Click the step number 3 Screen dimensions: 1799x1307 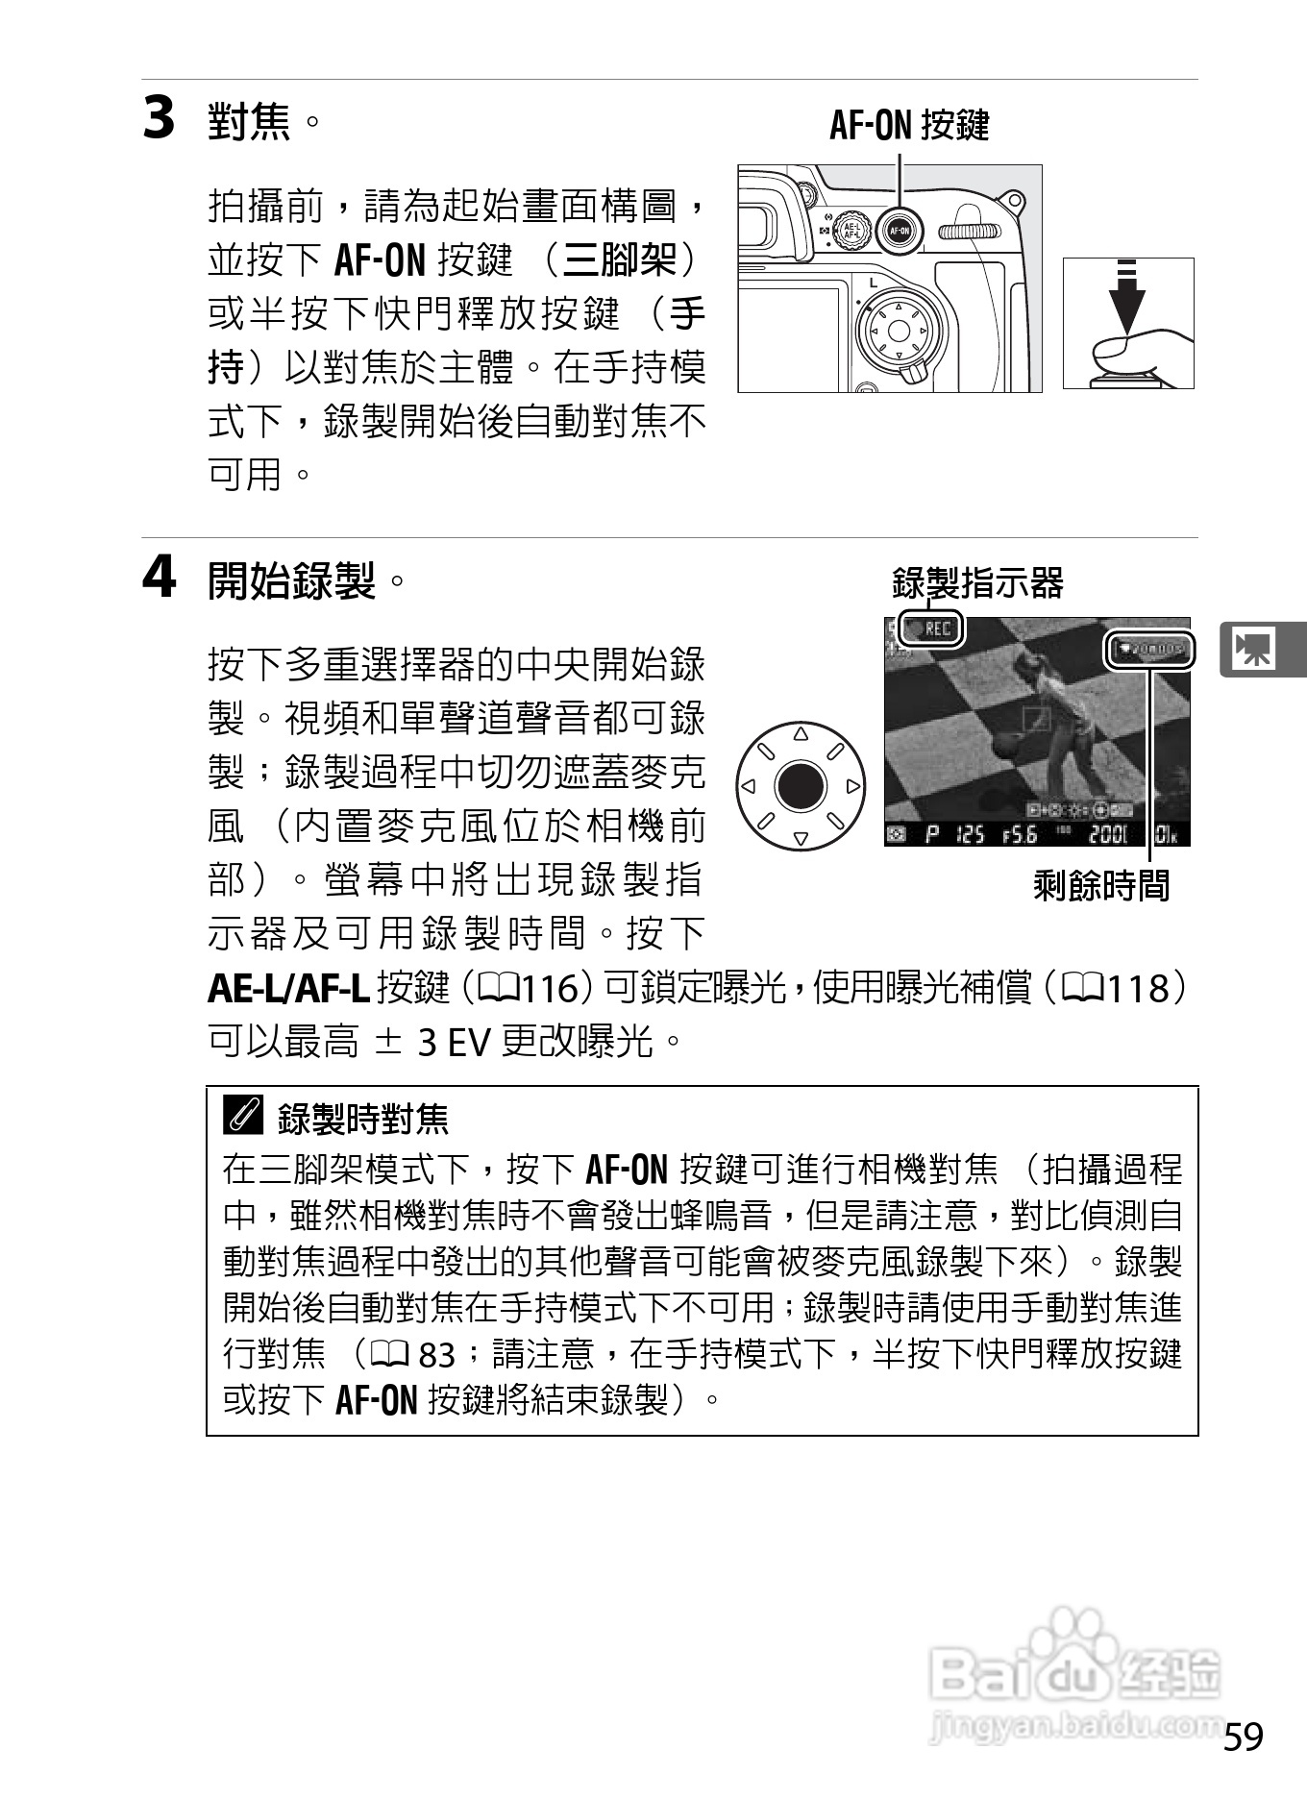[160, 119]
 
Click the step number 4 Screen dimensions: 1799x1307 [160, 579]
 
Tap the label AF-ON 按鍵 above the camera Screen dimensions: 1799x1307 [908, 125]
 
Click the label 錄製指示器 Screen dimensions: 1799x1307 [977, 582]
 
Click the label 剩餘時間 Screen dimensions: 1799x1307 [1101, 885]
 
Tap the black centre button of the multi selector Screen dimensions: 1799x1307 [801, 787]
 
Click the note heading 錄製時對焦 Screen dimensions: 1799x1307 [363, 1119]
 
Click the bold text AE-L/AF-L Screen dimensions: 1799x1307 [288, 989]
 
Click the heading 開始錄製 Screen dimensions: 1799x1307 [291, 580]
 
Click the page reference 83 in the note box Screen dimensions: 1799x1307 [436, 1354]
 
